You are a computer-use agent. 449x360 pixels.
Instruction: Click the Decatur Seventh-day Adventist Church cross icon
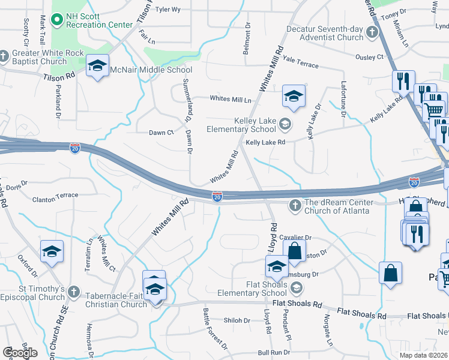tap(372, 32)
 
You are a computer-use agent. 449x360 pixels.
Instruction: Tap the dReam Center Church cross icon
tap(295, 206)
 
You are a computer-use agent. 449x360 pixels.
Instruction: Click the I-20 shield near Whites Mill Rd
tap(217, 196)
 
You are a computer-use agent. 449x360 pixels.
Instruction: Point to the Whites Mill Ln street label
tap(231, 99)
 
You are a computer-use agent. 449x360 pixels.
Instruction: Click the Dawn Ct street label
tap(161, 132)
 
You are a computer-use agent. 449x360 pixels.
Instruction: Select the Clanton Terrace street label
tap(55, 196)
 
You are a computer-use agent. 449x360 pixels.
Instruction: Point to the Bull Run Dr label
tap(270, 353)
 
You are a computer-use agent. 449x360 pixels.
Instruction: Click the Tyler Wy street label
tap(168, 10)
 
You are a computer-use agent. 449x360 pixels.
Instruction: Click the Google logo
tap(20, 353)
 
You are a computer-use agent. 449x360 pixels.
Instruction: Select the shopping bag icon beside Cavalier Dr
tap(295, 251)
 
